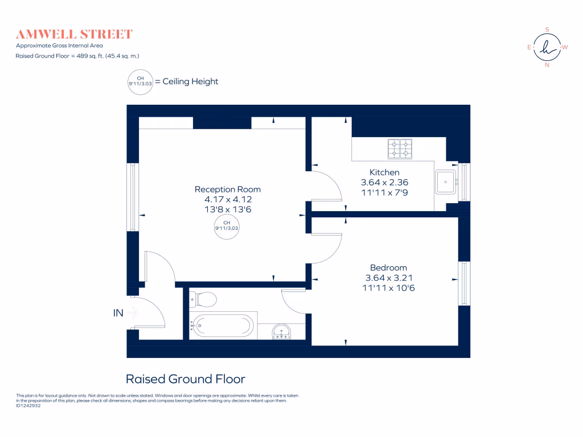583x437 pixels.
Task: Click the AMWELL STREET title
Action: tap(74, 34)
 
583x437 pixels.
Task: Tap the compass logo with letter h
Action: tap(547, 48)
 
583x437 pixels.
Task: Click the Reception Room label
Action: tap(228, 189)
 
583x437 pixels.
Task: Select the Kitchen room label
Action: tap(384, 172)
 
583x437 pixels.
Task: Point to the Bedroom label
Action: tap(388, 268)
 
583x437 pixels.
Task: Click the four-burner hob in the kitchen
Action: tap(400, 149)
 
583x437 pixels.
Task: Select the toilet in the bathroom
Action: tap(204, 299)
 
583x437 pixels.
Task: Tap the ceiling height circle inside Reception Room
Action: tap(226, 225)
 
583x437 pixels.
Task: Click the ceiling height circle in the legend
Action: tap(141, 81)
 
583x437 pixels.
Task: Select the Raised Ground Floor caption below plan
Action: tap(185, 379)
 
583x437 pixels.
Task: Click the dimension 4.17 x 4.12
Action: tap(228, 200)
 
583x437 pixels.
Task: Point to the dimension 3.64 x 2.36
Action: tap(384, 183)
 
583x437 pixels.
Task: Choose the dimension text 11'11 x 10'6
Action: tap(388, 288)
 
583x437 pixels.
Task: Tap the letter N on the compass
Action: tap(547, 65)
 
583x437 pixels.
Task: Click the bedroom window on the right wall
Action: tap(465, 283)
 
